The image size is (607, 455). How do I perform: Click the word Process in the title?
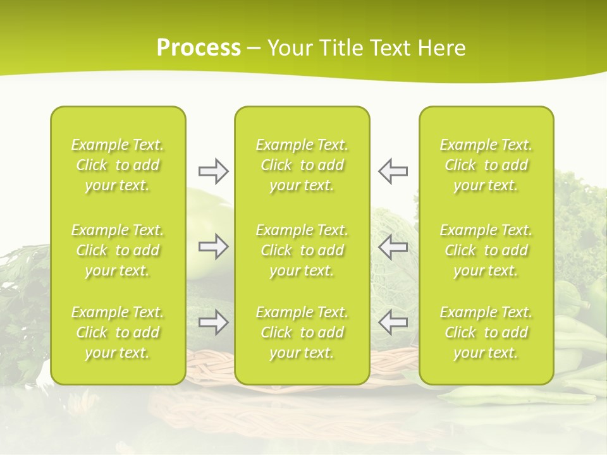pos(199,48)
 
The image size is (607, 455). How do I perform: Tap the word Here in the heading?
pos(442,48)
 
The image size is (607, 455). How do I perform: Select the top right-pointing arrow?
pos(214,171)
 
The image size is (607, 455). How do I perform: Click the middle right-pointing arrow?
pos(214,246)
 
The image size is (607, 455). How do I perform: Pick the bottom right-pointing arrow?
pos(214,322)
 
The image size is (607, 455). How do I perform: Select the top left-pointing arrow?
pos(393,171)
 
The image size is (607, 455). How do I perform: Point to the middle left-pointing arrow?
pos(393,246)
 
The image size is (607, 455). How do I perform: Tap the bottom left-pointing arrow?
pos(393,322)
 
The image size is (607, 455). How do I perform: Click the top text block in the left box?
pos(118,165)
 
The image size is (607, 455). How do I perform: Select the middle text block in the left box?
pos(118,250)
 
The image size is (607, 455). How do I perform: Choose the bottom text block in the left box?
pos(118,332)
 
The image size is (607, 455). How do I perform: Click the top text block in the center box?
pos(302,165)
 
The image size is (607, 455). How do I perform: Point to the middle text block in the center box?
pos(302,250)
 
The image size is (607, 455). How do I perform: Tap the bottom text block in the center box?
pos(302,332)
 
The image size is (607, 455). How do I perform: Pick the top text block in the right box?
pos(486,165)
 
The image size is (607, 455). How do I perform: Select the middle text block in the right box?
pos(486,250)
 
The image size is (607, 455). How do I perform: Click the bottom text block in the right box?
pos(486,332)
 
